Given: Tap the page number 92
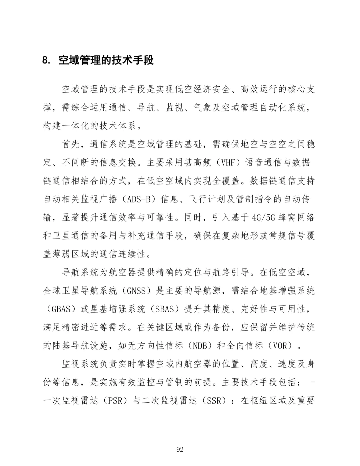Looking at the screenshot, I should pyautogui.click(x=180, y=449).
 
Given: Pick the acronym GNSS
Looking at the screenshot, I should pyautogui.click(x=137, y=291).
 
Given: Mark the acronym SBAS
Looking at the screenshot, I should pyautogui.click(x=165, y=309).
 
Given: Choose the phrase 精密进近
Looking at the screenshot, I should pyautogui.click(x=80, y=327).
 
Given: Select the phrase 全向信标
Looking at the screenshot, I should pyautogui.click(x=245, y=345).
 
